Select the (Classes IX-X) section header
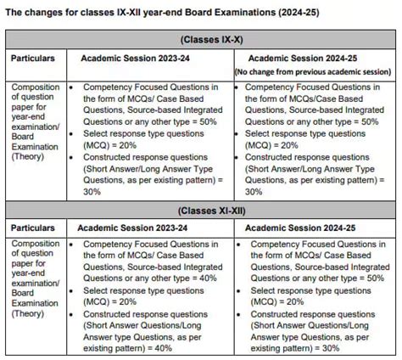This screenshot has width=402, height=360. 201,39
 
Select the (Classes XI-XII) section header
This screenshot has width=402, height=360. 201,211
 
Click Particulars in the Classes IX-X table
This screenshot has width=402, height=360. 33,59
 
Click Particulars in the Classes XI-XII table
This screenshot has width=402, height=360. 33,228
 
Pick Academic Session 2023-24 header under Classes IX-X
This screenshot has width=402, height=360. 129,59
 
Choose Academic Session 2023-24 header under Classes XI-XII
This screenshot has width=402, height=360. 129,228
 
